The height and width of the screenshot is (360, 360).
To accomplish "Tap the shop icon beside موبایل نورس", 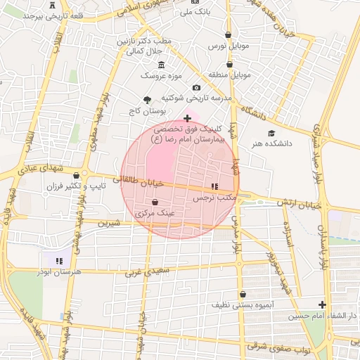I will click(x=228, y=34).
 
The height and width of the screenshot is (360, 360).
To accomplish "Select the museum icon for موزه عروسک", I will click(x=162, y=65).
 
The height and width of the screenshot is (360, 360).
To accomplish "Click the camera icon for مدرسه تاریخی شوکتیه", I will click(x=195, y=87).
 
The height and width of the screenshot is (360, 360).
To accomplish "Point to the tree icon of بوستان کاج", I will click(x=147, y=100).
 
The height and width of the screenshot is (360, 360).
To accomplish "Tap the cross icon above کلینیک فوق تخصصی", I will click(x=186, y=118).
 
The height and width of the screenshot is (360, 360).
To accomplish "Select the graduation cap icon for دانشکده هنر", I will click(x=271, y=133).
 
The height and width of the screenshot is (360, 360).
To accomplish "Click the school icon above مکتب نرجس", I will click(x=214, y=186).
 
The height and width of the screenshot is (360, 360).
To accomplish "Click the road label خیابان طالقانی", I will click(x=143, y=181).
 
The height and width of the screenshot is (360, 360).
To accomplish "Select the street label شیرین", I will click(x=109, y=223).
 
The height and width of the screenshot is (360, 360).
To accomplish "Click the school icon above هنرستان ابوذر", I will click(x=60, y=260).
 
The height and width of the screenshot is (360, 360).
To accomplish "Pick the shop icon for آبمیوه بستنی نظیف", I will click(x=243, y=294).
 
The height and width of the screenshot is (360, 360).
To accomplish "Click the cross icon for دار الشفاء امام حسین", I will click(x=322, y=305).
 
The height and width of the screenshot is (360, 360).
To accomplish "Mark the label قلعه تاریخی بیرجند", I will click(x=39, y=15).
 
